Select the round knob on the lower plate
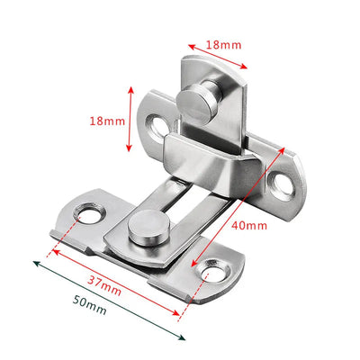146,228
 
